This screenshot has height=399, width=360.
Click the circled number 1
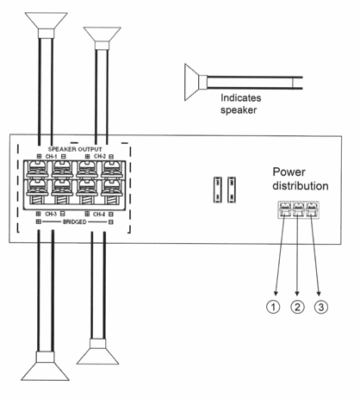(273, 307)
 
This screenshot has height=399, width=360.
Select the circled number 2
(297, 307)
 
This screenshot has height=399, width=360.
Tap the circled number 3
(321, 307)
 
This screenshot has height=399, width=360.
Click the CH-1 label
(52, 157)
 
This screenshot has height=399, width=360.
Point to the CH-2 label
(100, 157)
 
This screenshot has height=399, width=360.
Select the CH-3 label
(51, 214)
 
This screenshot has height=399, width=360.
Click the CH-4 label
(99, 215)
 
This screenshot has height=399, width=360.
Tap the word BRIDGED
(74, 222)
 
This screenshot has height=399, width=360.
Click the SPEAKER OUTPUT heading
(75, 149)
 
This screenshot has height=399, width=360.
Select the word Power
(289, 172)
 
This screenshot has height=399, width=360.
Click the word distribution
(301, 186)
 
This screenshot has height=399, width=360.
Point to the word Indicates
(241, 98)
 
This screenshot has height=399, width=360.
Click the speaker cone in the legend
(192, 82)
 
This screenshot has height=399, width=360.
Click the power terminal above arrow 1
(284, 209)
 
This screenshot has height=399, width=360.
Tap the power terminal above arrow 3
(312, 209)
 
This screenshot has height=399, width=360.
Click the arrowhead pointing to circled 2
(297, 294)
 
